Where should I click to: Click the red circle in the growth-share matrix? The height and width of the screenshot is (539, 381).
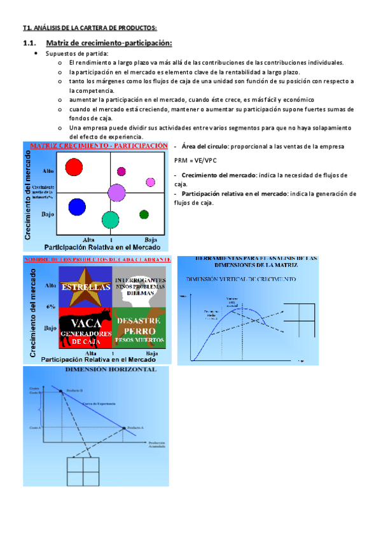(x=74, y=167)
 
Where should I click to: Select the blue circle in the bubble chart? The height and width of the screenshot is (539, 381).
(x=77, y=207)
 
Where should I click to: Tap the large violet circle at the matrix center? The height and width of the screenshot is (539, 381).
(x=116, y=192)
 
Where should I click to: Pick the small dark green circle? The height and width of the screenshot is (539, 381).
(x=144, y=214)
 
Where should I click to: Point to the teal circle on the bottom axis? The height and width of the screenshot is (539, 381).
(x=111, y=220)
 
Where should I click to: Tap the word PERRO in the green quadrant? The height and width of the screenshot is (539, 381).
(x=139, y=332)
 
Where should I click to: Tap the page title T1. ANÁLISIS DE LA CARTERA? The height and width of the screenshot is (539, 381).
(x=89, y=27)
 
